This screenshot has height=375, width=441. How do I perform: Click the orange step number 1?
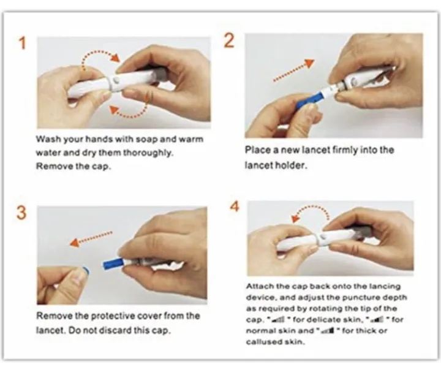point(21,44)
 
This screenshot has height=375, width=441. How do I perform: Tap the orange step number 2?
point(228,40)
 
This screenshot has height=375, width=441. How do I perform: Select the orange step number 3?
point(21,213)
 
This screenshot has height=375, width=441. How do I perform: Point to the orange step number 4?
point(234,206)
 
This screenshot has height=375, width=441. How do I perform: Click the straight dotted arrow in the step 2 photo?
point(293,70)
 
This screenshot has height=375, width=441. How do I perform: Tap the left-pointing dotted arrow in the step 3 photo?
point(91,238)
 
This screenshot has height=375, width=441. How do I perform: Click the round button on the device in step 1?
point(117,80)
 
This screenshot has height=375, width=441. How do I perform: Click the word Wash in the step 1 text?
point(48,140)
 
